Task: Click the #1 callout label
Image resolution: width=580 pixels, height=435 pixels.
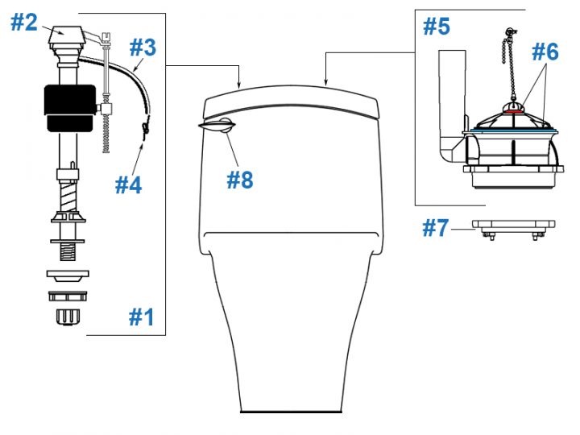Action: coord(141,317)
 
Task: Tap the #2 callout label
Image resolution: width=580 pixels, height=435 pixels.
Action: coord(24,23)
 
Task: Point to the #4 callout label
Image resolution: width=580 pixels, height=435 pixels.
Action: coord(128,184)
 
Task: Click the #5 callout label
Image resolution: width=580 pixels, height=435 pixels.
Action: coord(437,27)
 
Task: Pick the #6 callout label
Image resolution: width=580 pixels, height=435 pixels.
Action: coord(545,52)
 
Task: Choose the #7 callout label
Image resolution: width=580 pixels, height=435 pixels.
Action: coord(436,228)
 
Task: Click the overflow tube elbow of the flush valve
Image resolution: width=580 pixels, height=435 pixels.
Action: coord(452,149)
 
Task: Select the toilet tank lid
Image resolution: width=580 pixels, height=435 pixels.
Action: coord(293,101)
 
